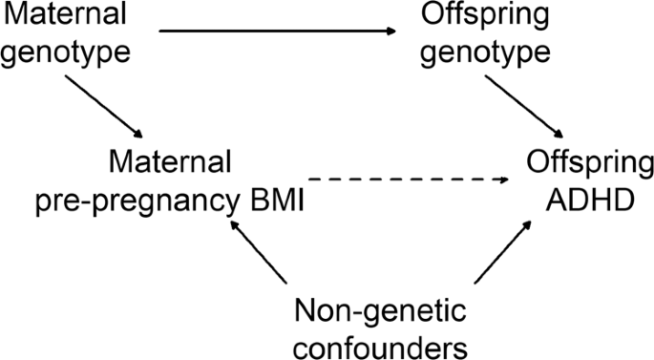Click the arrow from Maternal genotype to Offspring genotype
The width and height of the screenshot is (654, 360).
(277, 33)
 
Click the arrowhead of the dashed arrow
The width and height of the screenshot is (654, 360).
(506, 180)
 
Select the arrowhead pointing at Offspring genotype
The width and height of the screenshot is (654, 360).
(392, 33)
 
